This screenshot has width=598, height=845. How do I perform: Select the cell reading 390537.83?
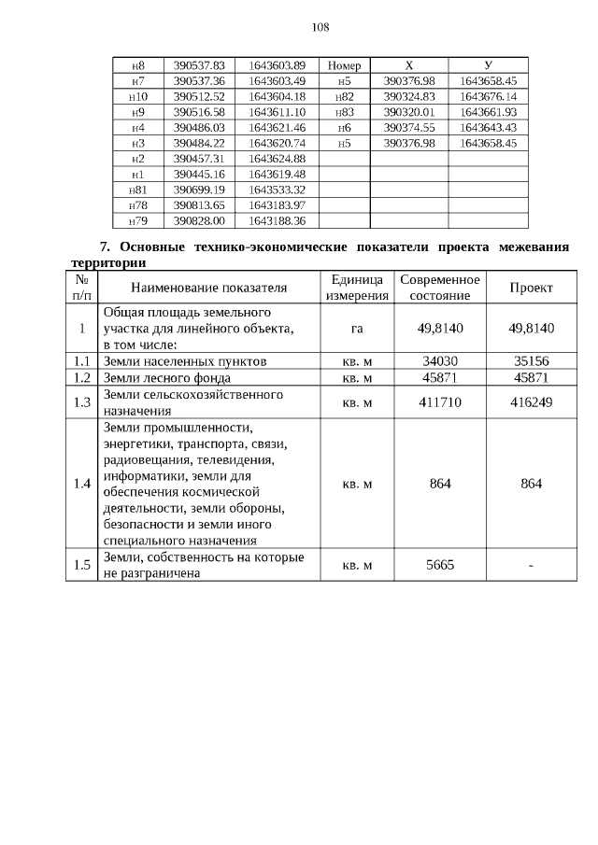[x=200, y=66]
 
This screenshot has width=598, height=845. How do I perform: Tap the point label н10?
[x=137, y=97]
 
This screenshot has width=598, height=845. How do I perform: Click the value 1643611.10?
[x=278, y=112]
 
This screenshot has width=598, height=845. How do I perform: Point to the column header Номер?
[x=345, y=66]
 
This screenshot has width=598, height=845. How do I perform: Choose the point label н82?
[x=345, y=97]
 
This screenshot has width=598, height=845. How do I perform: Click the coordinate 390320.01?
[x=409, y=112]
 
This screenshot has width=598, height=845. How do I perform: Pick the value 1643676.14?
[x=488, y=97]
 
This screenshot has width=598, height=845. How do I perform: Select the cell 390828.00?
[x=200, y=220]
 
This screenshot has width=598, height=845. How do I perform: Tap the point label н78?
[x=137, y=205]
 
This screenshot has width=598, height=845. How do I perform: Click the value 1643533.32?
[x=278, y=190]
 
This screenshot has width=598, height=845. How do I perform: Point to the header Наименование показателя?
[x=208, y=288]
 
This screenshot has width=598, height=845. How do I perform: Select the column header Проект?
[x=532, y=288]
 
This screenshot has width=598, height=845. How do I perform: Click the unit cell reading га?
[x=356, y=329]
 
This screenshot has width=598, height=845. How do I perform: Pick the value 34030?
[x=439, y=361]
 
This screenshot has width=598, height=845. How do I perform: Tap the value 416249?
[x=532, y=402]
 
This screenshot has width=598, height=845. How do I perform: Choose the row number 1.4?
[x=82, y=484]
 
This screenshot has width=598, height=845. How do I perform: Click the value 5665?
[x=439, y=565]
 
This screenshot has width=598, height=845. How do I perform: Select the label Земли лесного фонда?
[x=167, y=378]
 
